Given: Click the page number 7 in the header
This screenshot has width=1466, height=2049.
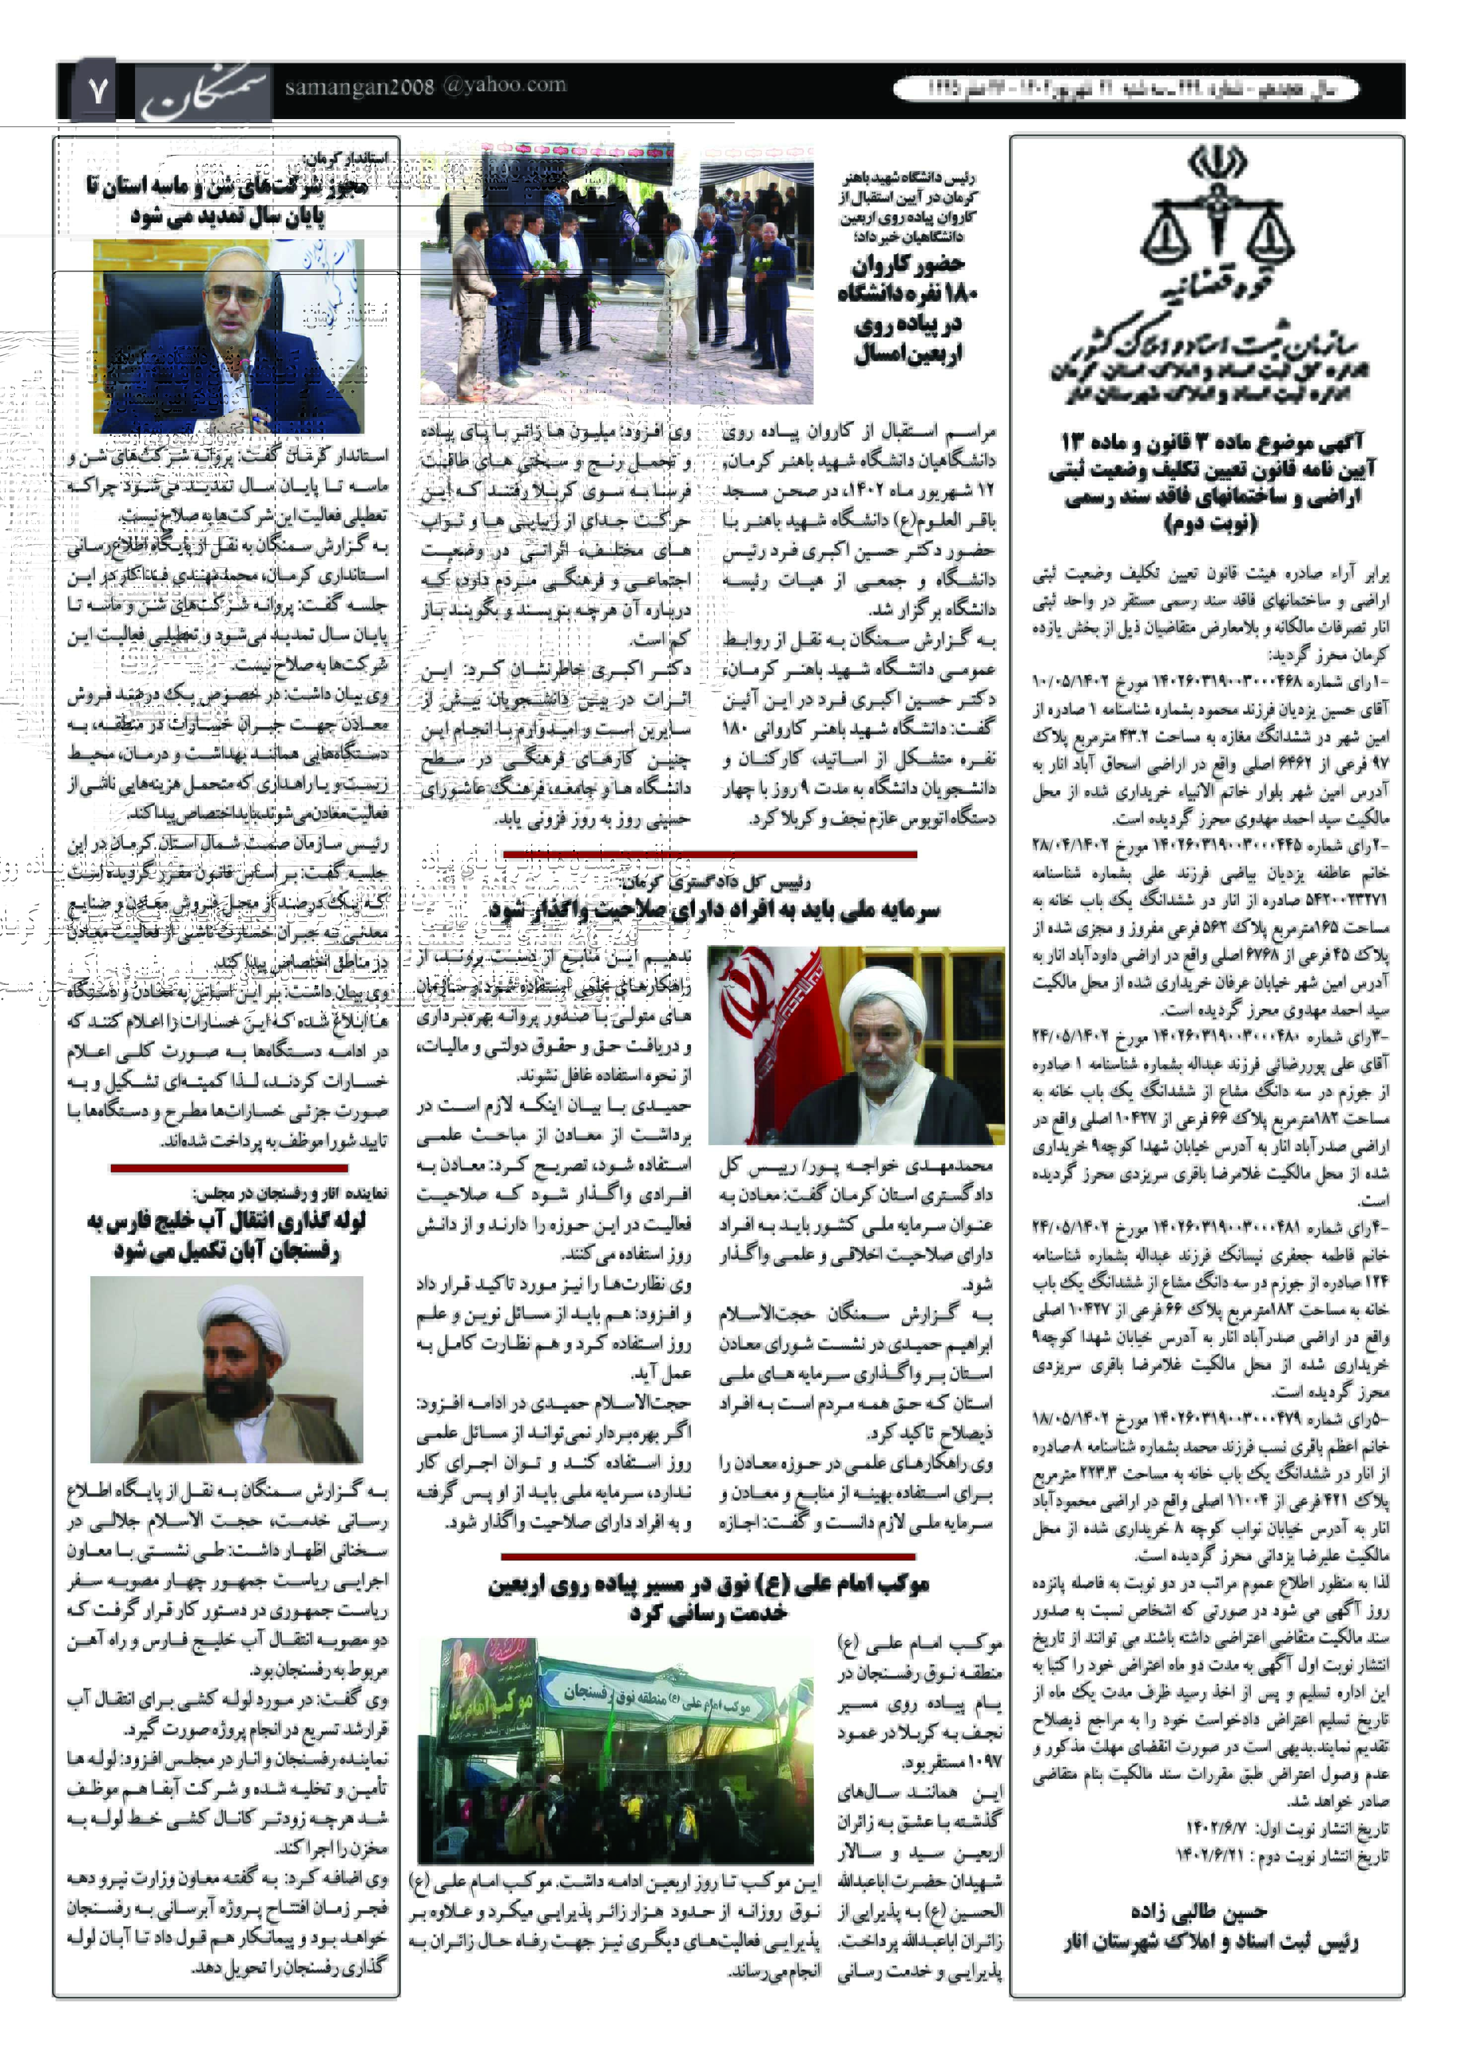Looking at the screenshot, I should [x=97, y=90].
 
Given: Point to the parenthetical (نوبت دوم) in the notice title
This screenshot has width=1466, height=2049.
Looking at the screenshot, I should [x=1210, y=524].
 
